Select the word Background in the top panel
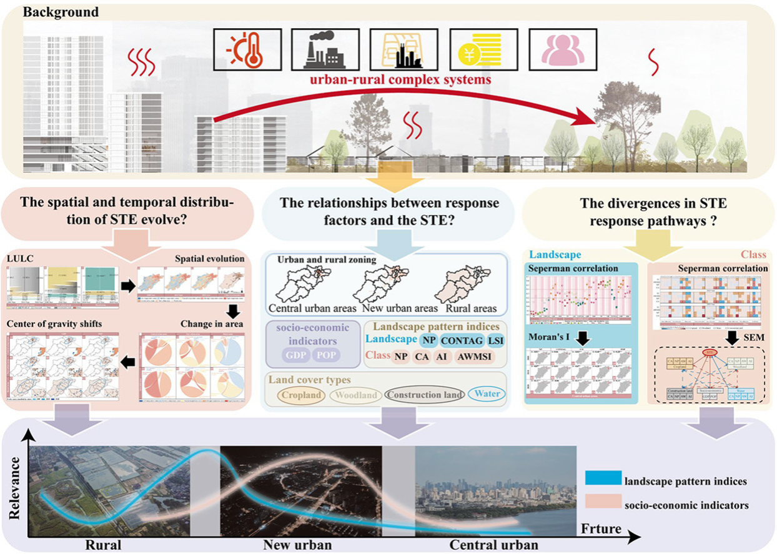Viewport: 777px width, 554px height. [52, 12]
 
